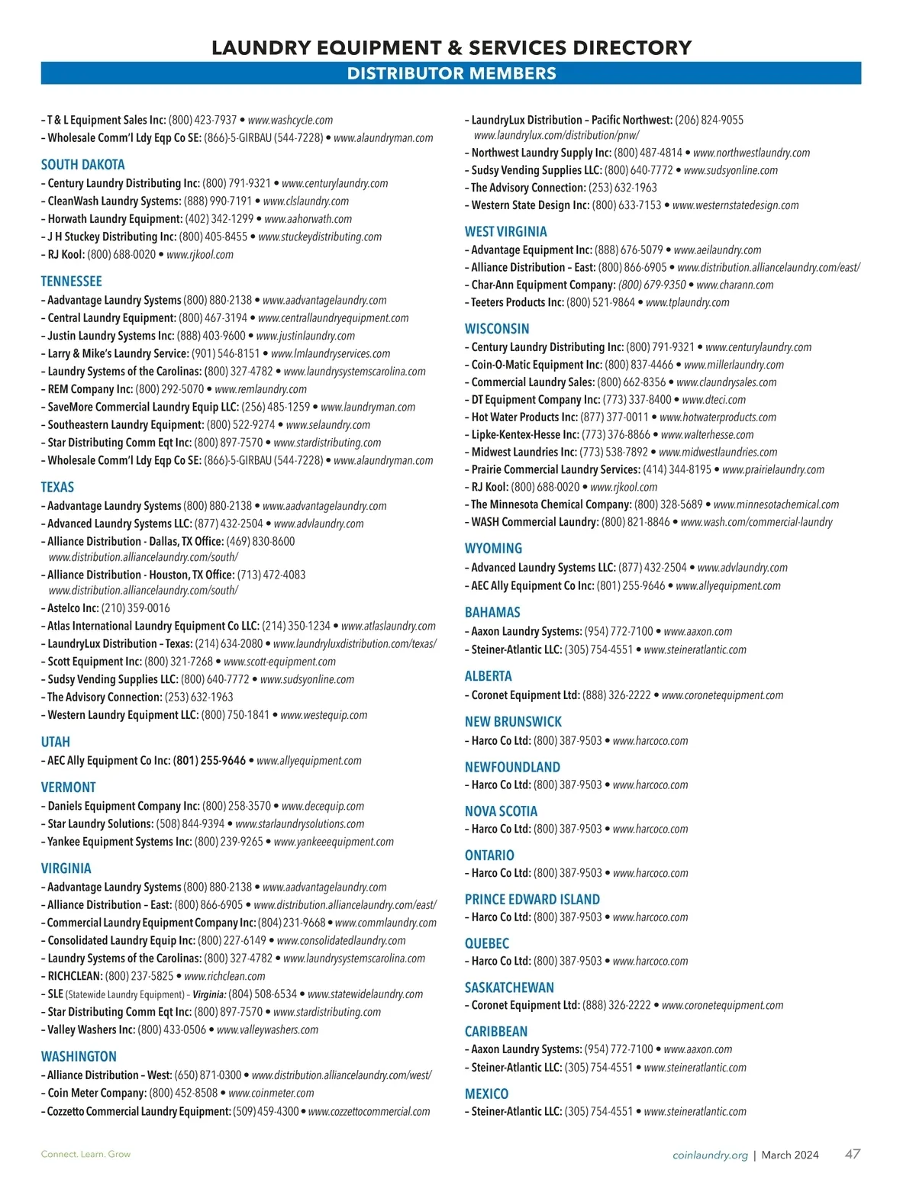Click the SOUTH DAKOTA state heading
click(82, 165)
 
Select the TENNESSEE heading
click(71, 282)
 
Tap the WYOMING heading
click(493, 549)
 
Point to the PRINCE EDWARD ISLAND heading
click(532, 900)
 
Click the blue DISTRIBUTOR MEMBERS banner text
click(451, 74)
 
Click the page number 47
click(853, 1154)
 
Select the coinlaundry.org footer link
click(710, 1155)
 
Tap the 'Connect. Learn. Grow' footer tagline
click(85, 1154)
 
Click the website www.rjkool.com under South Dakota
click(200, 255)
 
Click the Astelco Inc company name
click(73, 608)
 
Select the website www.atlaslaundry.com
click(389, 627)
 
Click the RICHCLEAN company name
click(74, 976)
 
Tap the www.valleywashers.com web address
click(267, 1030)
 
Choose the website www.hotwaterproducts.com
click(718, 417)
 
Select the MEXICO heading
click(486, 1094)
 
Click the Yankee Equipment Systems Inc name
click(120, 842)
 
